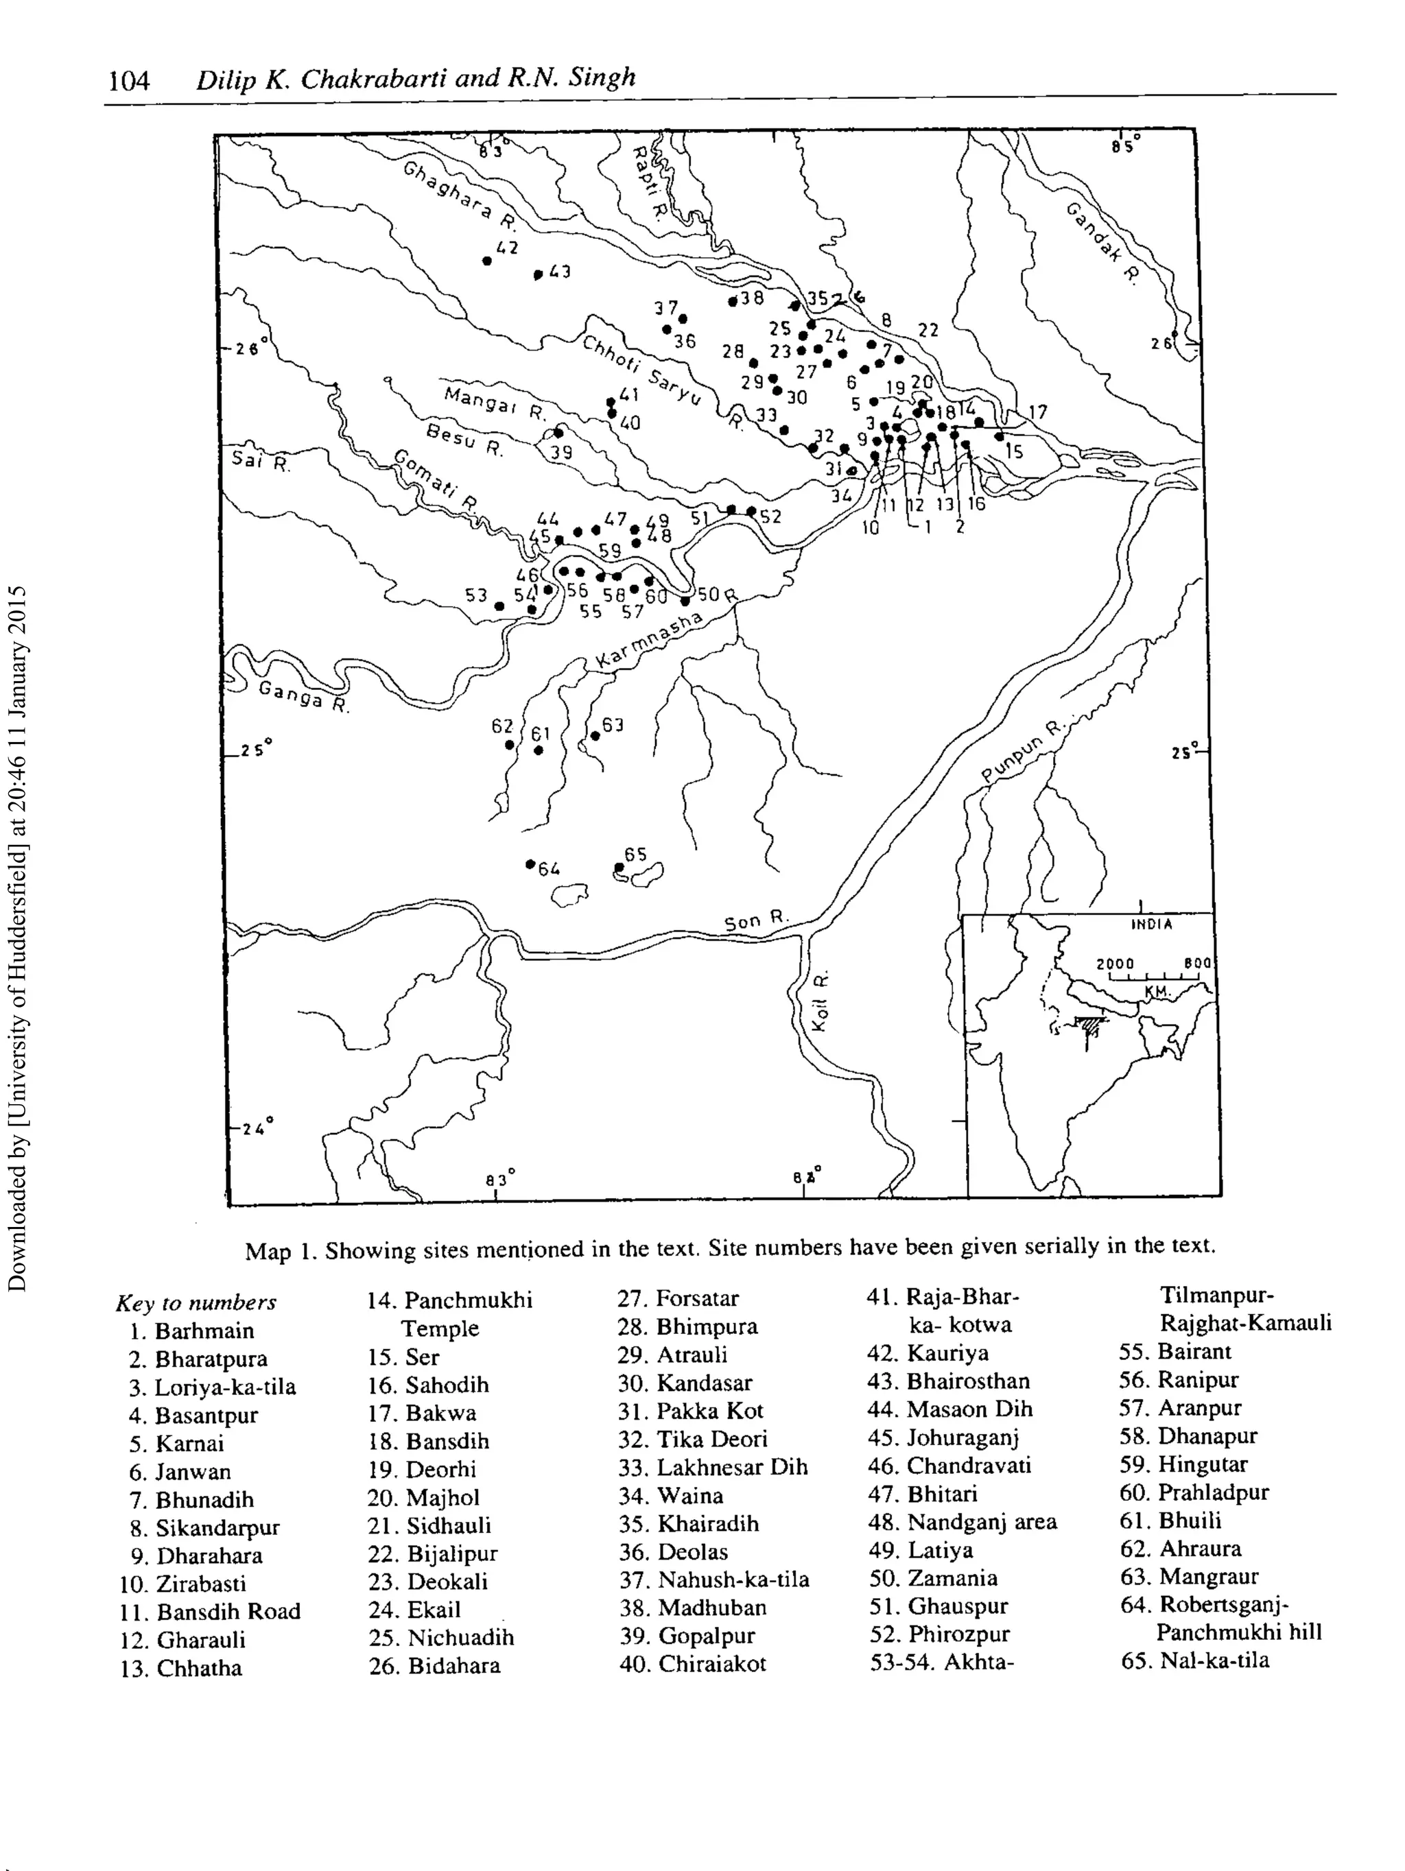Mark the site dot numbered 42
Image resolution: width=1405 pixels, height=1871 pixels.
point(487,261)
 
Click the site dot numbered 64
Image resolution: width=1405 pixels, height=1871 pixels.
point(530,863)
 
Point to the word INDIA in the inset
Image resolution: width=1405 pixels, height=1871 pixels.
point(1152,925)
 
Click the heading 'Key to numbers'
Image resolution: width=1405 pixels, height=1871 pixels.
point(196,1302)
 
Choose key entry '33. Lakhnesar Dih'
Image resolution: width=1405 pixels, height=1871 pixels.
point(712,1466)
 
